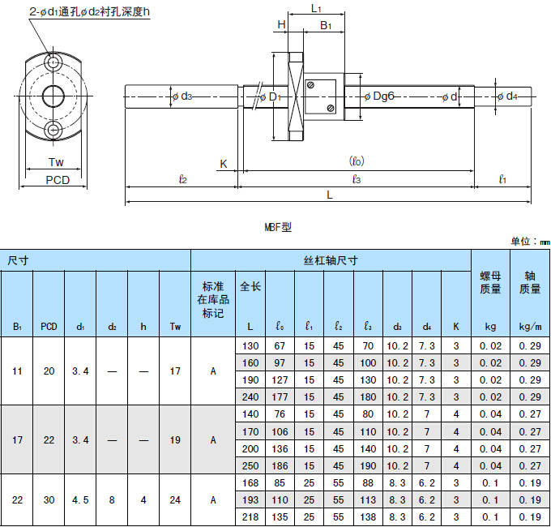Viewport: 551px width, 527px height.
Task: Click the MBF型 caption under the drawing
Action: pyautogui.click(x=278, y=227)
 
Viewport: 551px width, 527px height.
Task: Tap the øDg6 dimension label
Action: pyautogui.click(x=379, y=96)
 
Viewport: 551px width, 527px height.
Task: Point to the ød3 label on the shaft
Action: pyautogui.click(x=182, y=96)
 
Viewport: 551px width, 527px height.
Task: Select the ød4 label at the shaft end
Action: pyautogui.click(x=507, y=96)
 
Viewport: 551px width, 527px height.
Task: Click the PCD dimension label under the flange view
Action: pyautogui.click(x=58, y=180)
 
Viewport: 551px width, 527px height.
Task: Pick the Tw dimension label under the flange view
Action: pyautogui.click(x=56, y=162)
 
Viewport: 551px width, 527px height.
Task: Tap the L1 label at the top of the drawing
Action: pyautogui.click(x=316, y=8)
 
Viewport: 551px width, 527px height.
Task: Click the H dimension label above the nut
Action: pyautogui.click(x=281, y=24)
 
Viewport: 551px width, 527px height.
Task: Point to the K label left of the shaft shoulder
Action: pyautogui.click(x=224, y=164)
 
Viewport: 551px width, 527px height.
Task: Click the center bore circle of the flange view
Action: pyautogui.click(x=53, y=96)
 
